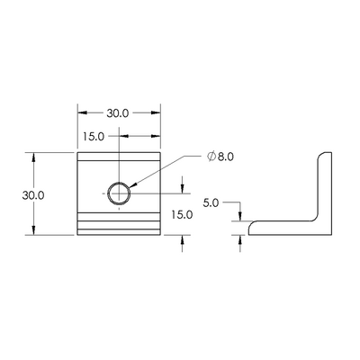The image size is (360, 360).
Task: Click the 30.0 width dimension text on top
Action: (x=118, y=114)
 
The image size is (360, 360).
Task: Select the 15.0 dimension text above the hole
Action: (x=94, y=136)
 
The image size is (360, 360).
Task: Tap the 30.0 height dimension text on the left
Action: (x=35, y=193)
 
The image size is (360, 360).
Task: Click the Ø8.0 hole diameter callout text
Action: (x=220, y=157)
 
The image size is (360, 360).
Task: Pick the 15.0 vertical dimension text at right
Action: (x=183, y=214)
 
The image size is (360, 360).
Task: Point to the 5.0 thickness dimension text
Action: (x=212, y=202)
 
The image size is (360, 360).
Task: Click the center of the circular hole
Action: (x=119, y=193)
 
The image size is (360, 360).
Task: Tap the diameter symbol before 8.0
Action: (x=211, y=157)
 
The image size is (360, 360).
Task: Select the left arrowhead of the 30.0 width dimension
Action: (x=81, y=114)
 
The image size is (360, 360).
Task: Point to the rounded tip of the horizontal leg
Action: (x=249, y=228)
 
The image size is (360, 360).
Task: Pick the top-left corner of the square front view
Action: (x=77, y=153)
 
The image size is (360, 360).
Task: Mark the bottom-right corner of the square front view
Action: (x=160, y=234)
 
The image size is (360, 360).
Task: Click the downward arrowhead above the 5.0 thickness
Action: (x=239, y=217)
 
